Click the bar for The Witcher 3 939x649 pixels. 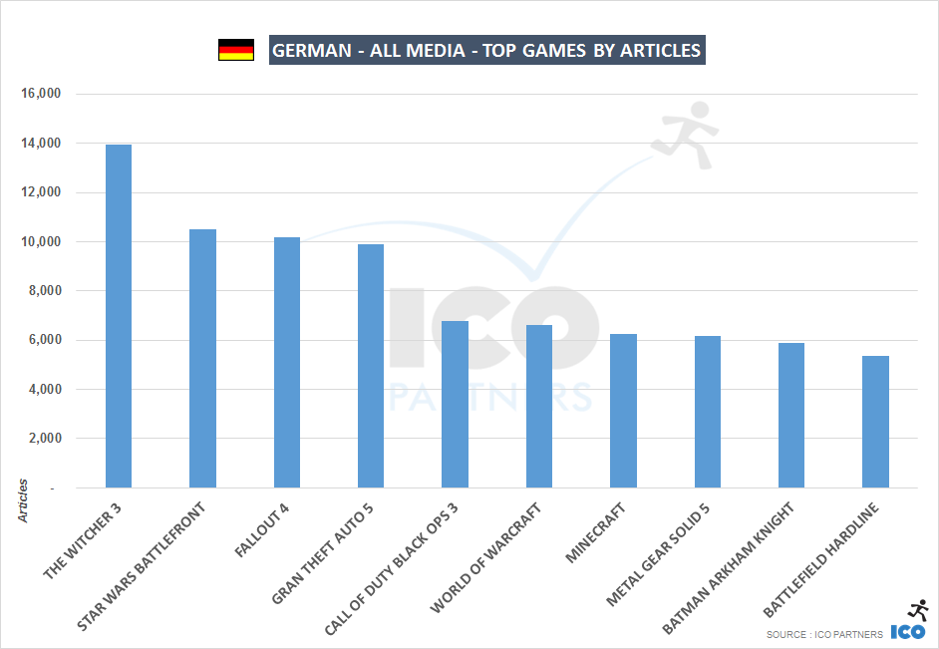click(119, 316)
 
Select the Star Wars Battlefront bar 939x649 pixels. click(202, 359)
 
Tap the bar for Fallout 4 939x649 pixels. click(287, 363)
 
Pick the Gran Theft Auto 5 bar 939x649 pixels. click(371, 366)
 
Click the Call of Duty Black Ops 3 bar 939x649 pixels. click(455, 405)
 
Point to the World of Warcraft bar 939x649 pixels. click(539, 407)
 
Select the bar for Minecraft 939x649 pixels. click(623, 411)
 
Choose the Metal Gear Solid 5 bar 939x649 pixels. click(708, 412)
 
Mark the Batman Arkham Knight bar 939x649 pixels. click(791, 416)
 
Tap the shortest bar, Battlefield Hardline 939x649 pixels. click(876, 422)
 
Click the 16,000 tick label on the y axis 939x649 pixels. click(41, 95)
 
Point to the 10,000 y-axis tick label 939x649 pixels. click(41, 242)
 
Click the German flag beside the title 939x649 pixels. click(236, 50)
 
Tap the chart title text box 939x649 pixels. click(487, 50)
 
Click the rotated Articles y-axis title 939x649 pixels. click(22, 501)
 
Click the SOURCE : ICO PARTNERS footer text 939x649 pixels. click(824, 635)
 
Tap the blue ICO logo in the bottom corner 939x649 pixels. click(907, 631)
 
